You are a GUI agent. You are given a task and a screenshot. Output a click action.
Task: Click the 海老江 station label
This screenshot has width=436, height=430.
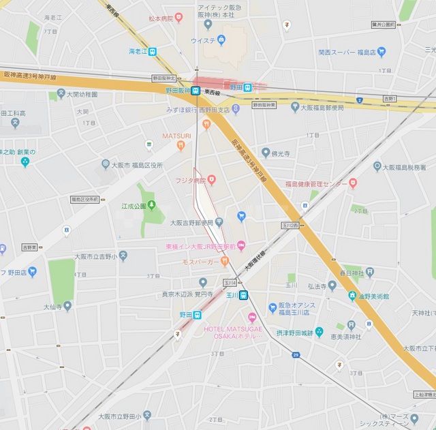pyautogui.click(x=138, y=51)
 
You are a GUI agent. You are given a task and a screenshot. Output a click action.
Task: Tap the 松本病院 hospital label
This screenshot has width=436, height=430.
pyautogui.click(x=161, y=18)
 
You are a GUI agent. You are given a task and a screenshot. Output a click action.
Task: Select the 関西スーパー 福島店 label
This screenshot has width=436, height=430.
pyautogui.click(x=346, y=52)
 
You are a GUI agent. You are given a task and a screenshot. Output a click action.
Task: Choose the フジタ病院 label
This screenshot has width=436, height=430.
pyautogui.click(x=190, y=181)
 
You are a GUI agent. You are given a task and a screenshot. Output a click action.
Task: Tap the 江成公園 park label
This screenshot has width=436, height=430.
pyautogui.click(x=134, y=205)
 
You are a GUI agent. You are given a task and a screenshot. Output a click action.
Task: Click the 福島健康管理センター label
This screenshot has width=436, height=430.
pyautogui.click(x=316, y=183)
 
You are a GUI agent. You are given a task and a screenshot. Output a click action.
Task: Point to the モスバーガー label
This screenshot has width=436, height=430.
pyautogui.click(x=201, y=262)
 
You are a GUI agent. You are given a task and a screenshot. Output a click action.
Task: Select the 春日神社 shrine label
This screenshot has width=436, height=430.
pyautogui.click(x=354, y=273)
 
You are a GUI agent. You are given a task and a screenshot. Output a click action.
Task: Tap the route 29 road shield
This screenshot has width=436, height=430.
pyautogui.click(x=296, y=355)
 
